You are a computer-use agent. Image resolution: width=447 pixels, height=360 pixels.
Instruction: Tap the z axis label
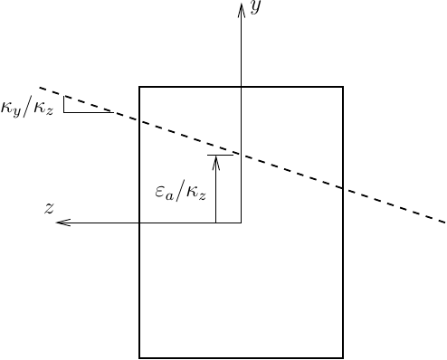pos(51,207)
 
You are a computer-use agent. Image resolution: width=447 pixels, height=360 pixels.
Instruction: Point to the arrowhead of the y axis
pos(241,7)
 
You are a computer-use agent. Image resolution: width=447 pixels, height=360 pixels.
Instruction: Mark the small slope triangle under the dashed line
pos(78,106)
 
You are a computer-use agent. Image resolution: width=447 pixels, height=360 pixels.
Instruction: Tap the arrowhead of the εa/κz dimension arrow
pos(216,160)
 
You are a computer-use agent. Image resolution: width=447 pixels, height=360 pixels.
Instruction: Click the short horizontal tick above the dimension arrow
pos(219,155)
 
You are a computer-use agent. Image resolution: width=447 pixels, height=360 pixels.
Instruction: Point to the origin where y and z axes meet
pos(241,223)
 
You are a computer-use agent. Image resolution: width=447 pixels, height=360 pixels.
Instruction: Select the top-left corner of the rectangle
pos(138,87)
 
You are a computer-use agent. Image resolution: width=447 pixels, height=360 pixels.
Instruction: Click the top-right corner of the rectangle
pos(343,87)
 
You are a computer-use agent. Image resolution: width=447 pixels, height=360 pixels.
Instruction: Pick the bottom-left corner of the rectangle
pos(138,357)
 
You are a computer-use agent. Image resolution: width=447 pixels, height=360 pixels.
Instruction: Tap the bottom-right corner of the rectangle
pos(343,357)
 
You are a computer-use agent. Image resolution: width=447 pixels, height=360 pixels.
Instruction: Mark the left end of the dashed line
pos(40,89)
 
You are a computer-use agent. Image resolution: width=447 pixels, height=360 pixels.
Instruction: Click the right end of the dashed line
pos(445,222)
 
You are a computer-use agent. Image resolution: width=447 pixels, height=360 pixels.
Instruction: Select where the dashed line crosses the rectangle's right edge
pos(343,188)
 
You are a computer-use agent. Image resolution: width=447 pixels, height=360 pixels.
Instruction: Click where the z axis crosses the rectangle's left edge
pos(138,223)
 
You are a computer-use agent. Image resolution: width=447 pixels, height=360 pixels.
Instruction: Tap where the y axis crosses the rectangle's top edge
pos(241,87)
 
